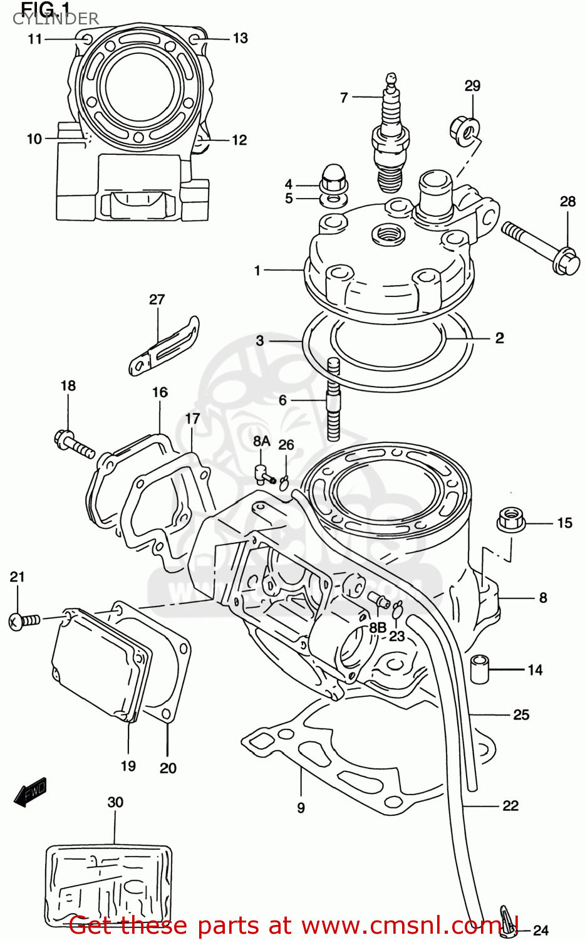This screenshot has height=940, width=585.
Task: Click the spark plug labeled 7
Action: (x=391, y=135)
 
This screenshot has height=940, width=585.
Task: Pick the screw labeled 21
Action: (x=23, y=620)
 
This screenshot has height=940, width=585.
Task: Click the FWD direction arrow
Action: (x=30, y=792)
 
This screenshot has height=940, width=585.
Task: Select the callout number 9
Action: (x=301, y=808)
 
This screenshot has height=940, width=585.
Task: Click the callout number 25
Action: (x=521, y=714)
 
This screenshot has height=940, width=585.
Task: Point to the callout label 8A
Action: (x=262, y=441)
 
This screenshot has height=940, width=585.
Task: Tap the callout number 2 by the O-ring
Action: (x=499, y=338)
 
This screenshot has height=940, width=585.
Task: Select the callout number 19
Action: (x=128, y=766)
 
